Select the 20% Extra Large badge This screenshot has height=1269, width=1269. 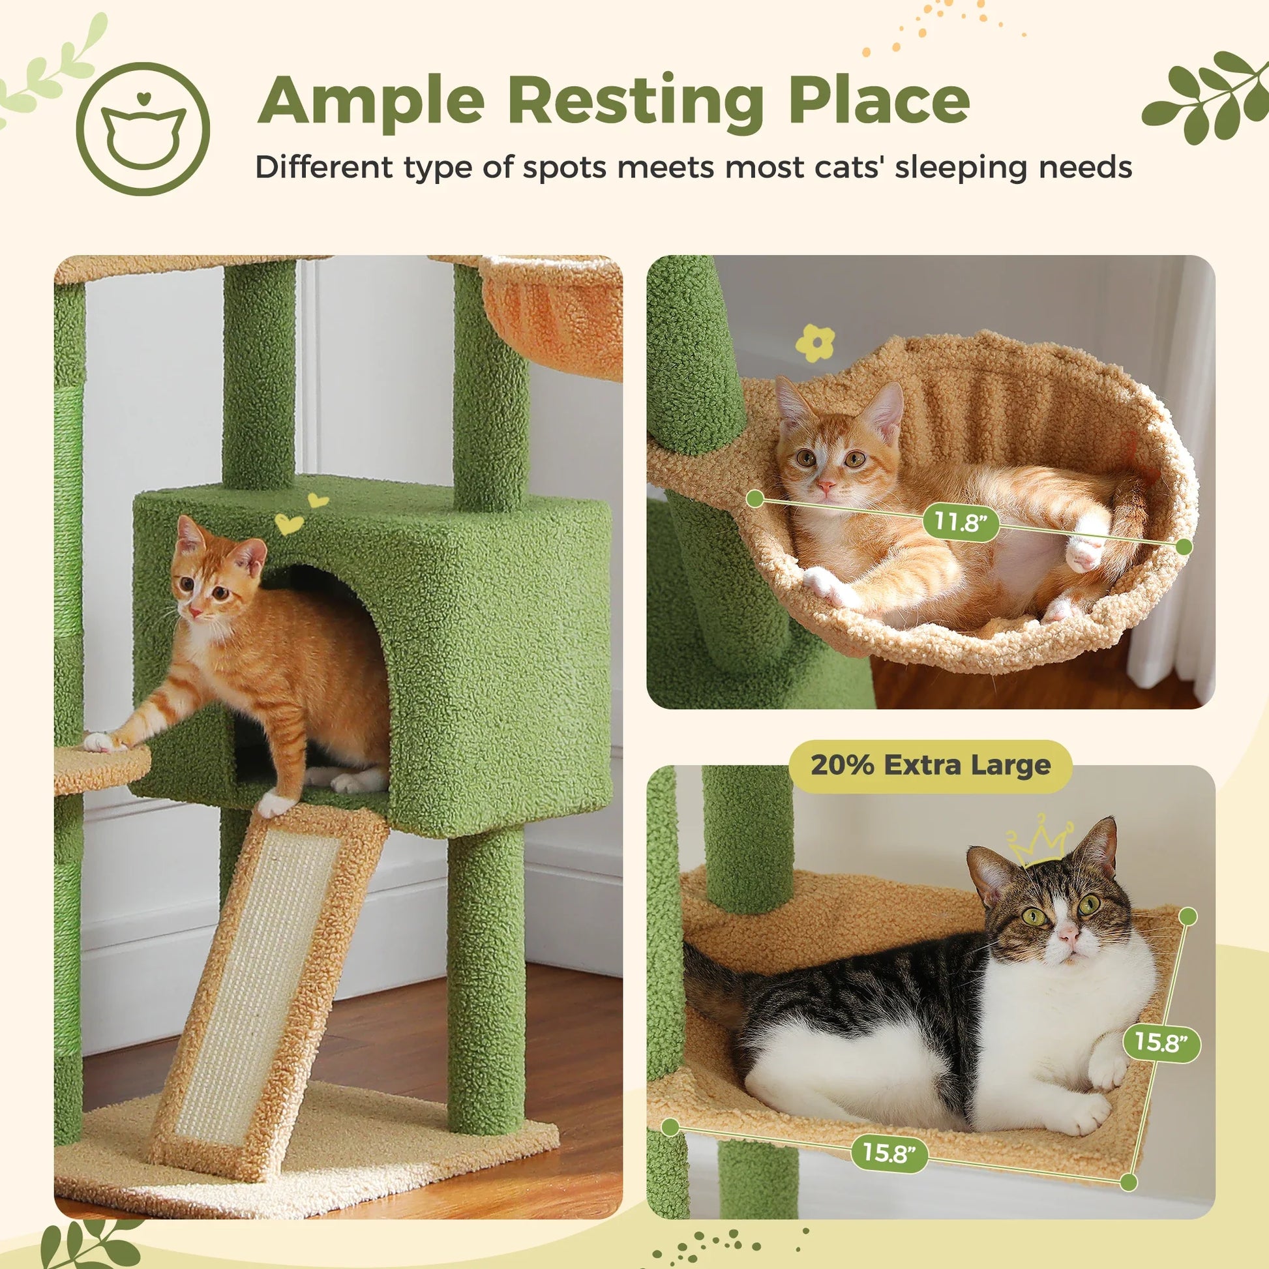point(930,765)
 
